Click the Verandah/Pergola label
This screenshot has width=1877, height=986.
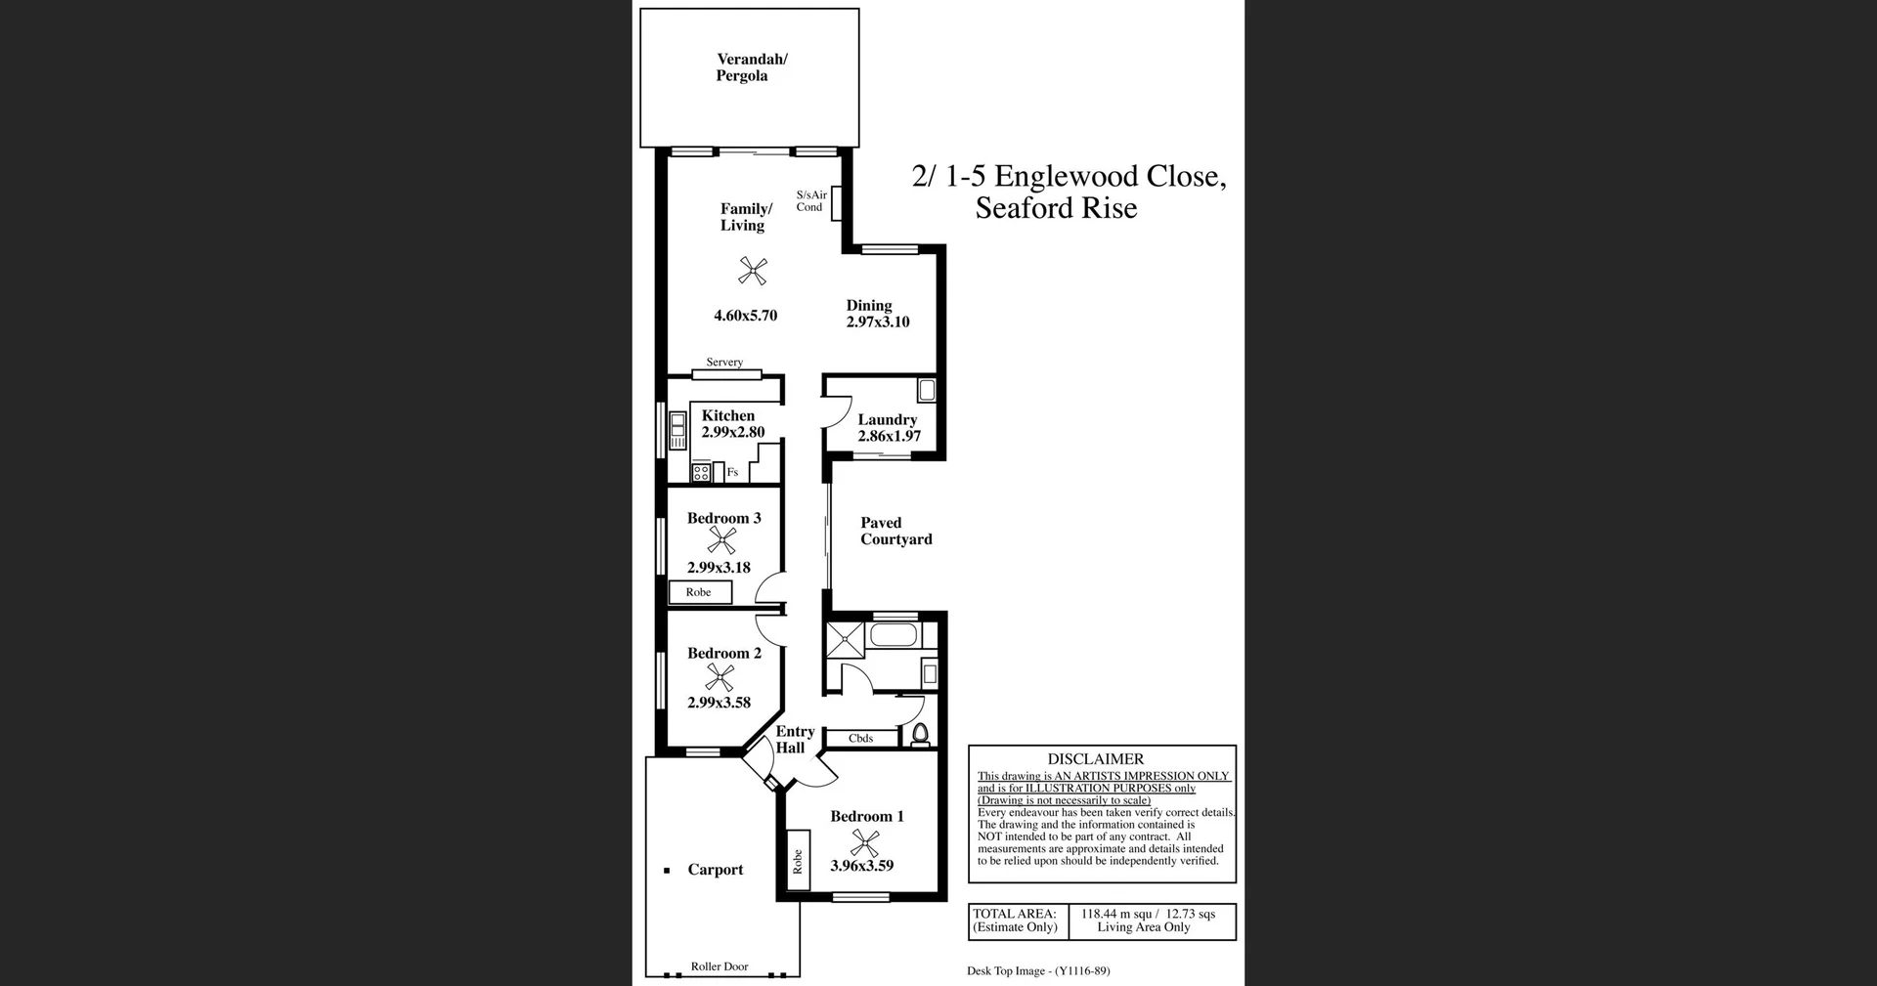pyautogui.click(x=751, y=67)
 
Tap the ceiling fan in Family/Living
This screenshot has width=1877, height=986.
pyautogui.click(x=752, y=271)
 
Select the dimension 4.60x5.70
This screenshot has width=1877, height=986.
pyautogui.click(x=745, y=316)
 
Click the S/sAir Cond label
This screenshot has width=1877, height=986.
pyautogui.click(x=810, y=201)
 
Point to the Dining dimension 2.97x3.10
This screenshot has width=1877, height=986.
pyautogui.click(x=877, y=322)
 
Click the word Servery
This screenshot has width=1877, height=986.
pyautogui.click(x=724, y=363)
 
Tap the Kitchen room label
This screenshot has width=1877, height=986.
pyautogui.click(x=727, y=415)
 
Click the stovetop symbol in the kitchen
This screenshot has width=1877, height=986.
pyautogui.click(x=701, y=473)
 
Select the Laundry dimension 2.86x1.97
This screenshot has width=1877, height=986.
pyautogui.click(x=889, y=436)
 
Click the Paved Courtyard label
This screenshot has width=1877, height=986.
pyautogui.click(x=895, y=531)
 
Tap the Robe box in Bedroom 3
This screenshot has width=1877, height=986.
pyautogui.click(x=700, y=592)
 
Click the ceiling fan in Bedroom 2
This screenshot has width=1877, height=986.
pyautogui.click(x=720, y=677)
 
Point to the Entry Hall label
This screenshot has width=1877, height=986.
pyautogui.click(x=794, y=740)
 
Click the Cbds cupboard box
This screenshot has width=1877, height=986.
pyautogui.click(x=861, y=739)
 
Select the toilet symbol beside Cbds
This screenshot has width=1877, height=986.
pyautogui.click(x=919, y=735)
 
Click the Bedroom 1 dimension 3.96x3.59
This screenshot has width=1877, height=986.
pyautogui.click(x=861, y=866)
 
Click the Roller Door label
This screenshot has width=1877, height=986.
pyautogui.click(x=720, y=966)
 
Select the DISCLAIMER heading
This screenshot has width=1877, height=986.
pyautogui.click(x=1095, y=759)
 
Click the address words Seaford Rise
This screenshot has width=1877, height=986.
pyautogui.click(x=1056, y=208)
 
